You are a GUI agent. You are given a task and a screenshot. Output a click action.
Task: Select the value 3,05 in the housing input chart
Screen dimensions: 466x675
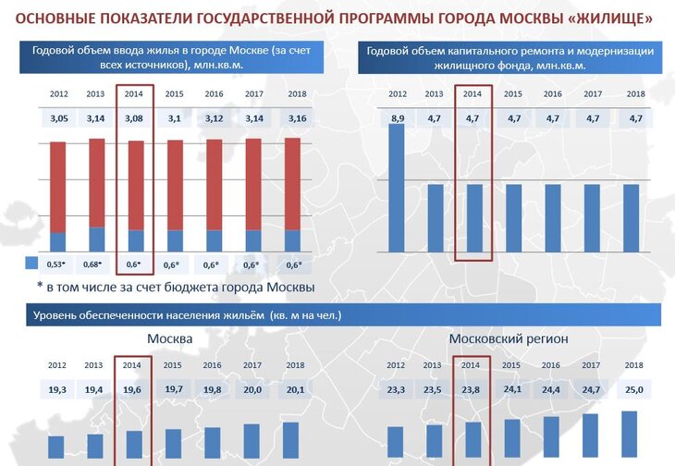57,119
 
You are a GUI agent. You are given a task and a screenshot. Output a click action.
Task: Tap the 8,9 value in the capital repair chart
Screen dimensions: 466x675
398,118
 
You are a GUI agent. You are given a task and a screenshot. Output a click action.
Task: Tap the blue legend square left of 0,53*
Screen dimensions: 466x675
30,264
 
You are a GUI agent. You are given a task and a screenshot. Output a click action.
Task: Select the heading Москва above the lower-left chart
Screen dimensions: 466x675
169,339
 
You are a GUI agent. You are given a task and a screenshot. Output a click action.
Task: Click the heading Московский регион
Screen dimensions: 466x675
509,339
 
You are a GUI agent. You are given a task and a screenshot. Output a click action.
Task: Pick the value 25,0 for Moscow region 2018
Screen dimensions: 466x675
633,389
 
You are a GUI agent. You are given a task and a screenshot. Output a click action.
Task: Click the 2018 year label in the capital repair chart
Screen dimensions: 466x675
635,93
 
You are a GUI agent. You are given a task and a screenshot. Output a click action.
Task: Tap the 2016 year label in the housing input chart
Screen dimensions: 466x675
214,93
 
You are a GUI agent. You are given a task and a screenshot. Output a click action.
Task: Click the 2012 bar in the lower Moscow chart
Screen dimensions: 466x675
56,447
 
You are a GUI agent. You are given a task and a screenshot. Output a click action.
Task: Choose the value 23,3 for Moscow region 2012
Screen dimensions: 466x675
396,389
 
